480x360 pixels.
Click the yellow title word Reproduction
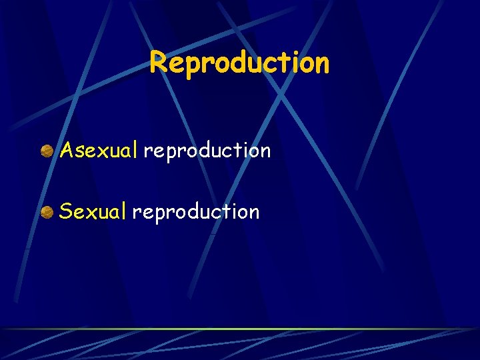coord(239,63)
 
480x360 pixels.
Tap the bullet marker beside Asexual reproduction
coord(47,151)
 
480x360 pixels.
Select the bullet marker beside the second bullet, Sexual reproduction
coord(47,212)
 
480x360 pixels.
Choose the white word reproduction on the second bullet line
coord(195,213)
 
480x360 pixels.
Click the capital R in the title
coord(157,63)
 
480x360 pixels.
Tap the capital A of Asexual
coord(66,151)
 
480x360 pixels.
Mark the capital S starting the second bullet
coord(65,212)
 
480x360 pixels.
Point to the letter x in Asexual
coord(100,152)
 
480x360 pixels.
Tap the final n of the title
coord(321,64)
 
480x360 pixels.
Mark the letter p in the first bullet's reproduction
coord(170,153)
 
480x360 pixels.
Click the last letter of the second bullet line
coord(253,213)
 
